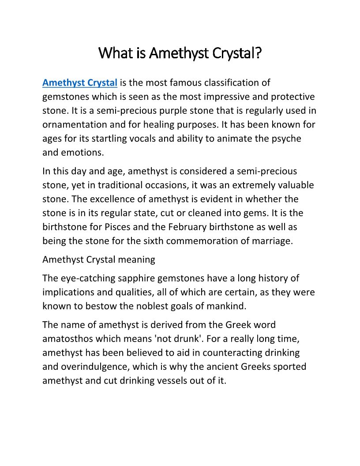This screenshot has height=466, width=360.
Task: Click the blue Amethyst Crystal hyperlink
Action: pyautogui.click(x=79, y=83)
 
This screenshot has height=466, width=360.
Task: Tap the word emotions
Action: pyautogui.click(x=83, y=153)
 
